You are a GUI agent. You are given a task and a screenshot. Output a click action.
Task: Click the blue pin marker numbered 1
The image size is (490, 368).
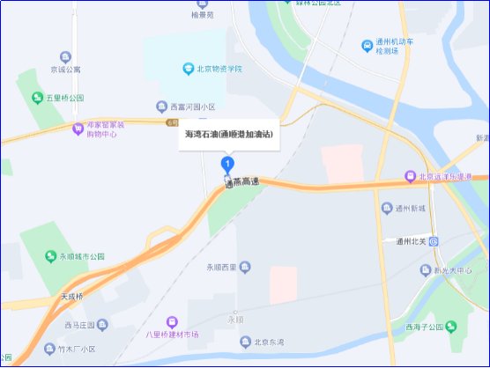coord(228,165)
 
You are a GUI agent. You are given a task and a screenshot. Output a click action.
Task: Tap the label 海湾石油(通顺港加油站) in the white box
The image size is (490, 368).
coord(229,135)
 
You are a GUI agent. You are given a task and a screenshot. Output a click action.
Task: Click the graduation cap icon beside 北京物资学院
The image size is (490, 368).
coord(187,69)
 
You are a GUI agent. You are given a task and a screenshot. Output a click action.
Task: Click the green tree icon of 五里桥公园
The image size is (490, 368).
coord(37,98)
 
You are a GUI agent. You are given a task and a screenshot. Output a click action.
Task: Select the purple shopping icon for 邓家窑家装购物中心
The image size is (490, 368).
coord(78,129)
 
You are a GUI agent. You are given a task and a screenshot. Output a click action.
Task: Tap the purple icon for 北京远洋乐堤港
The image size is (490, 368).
coord(409,177)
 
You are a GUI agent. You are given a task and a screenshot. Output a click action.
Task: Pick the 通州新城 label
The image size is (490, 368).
coord(410,208)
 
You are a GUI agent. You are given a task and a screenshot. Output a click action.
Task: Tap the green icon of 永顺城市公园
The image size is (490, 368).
coord(51,256)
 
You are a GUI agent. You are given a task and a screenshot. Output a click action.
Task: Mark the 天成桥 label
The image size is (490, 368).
coord(77,296)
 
